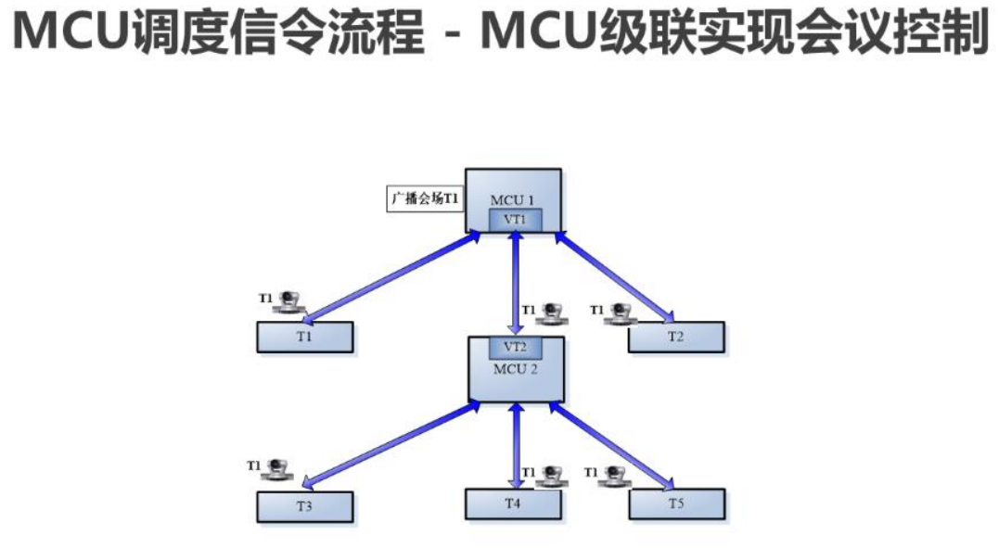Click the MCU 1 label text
click(513, 199)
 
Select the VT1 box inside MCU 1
click(515, 220)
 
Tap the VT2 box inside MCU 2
click(515, 347)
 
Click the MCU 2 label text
click(515, 368)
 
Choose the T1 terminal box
click(304, 337)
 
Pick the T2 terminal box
click(675, 337)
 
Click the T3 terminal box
click(304, 506)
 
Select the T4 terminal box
click(513, 503)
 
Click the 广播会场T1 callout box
click(424, 199)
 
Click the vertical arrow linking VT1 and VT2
click(515, 283)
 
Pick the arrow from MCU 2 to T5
click(612, 445)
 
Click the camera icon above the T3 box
click(276, 468)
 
